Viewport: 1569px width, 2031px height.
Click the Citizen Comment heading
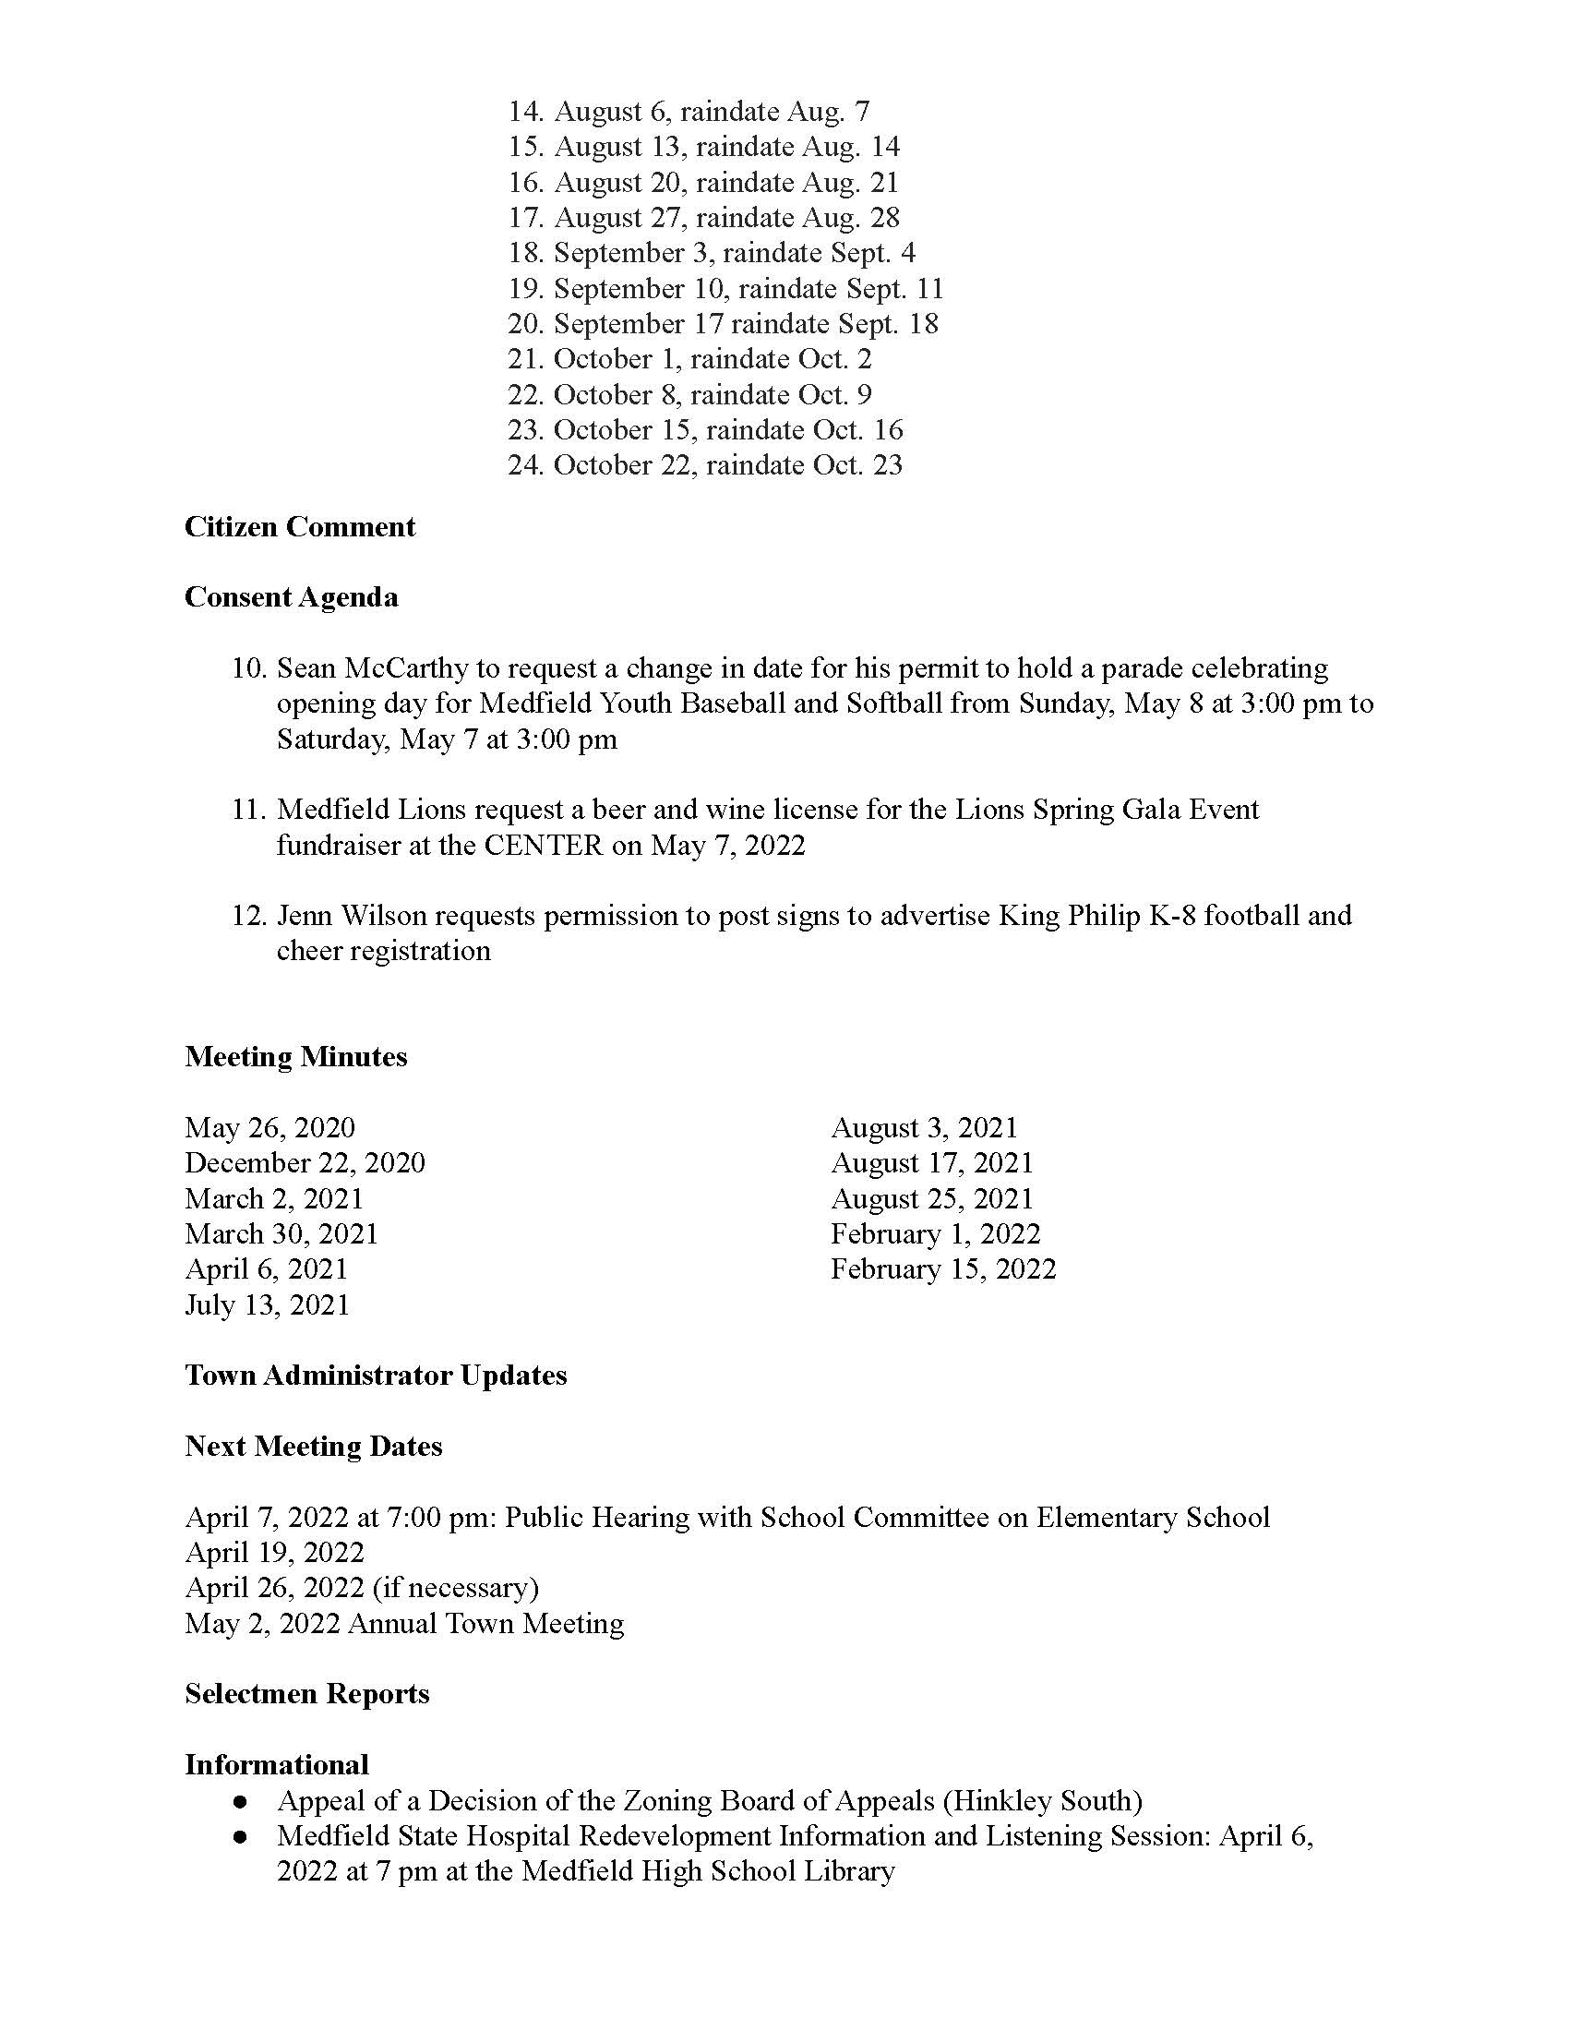point(299,526)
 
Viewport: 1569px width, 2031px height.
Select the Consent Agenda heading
point(291,597)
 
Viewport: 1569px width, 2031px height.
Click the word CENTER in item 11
point(543,845)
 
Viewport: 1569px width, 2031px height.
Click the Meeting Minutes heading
point(295,1056)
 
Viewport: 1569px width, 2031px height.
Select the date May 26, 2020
point(269,1127)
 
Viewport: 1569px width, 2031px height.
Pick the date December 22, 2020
point(305,1162)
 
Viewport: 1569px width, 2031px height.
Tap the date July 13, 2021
point(267,1304)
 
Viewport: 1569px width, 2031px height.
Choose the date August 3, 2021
point(924,1127)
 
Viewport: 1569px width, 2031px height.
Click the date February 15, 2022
point(943,1269)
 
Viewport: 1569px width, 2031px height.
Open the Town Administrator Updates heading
point(376,1376)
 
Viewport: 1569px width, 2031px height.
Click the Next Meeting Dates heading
point(313,1446)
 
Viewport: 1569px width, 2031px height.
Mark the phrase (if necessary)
point(455,1588)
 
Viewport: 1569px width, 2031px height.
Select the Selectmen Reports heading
point(306,1693)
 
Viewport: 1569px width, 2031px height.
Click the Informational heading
point(276,1764)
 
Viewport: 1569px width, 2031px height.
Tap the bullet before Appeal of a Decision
point(241,1802)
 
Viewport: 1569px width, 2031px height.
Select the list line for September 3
point(711,253)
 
